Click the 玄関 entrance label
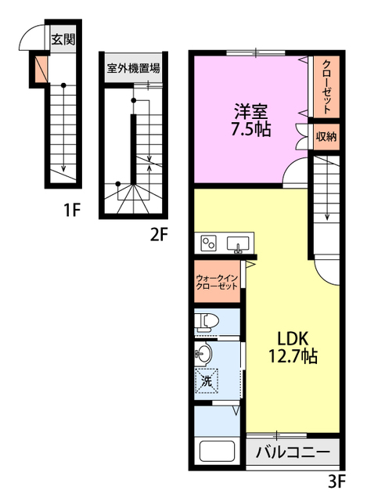[63, 39]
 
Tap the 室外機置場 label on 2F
[133, 68]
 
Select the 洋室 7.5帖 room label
[251, 121]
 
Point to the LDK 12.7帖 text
[293, 348]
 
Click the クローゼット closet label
[326, 87]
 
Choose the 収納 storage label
[326, 137]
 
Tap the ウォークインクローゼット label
[217, 282]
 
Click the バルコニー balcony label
[293, 452]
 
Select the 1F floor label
[72, 210]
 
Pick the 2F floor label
[159, 236]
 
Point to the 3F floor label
[337, 481]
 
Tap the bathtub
[218, 451]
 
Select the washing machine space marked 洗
[207, 380]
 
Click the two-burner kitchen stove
[209, 243]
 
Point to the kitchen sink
[238, 244]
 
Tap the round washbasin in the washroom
[203, 354]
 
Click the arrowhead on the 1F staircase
[63, 168]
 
